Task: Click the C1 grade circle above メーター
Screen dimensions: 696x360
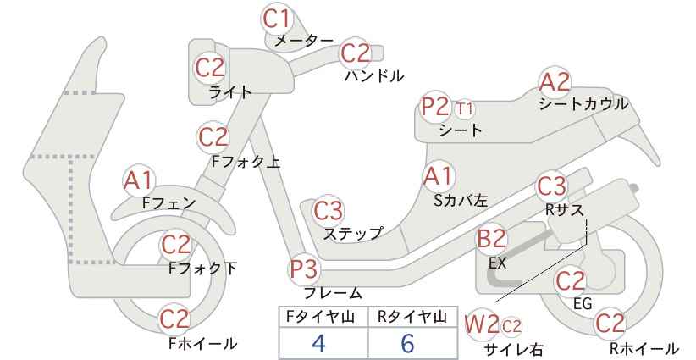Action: (277, 18)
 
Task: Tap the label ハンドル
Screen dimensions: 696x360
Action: (374, 76)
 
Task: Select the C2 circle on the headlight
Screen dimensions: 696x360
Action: (210, 68)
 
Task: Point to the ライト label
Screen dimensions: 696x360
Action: (230, 92)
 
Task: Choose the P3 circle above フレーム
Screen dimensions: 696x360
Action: (305, 269)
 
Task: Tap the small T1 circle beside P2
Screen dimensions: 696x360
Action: (464, 108)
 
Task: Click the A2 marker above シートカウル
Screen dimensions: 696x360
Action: (555, 82)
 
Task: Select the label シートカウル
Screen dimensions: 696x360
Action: (583, 104)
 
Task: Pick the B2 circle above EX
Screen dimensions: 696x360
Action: (492, 238)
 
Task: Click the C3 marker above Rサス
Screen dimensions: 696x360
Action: (552, 186)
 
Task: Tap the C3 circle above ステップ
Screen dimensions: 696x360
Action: (329, 211)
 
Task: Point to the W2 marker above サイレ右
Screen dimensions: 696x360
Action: (482, 325)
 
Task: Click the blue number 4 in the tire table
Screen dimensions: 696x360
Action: (318, 343)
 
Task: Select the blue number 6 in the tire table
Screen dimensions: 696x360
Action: (407, 343)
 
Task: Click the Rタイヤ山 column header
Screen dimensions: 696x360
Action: (412, 317)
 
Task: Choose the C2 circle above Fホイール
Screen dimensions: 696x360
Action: (175, 319)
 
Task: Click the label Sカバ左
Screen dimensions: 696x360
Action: (461, 201)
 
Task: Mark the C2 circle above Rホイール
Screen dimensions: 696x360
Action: (610, 324)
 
